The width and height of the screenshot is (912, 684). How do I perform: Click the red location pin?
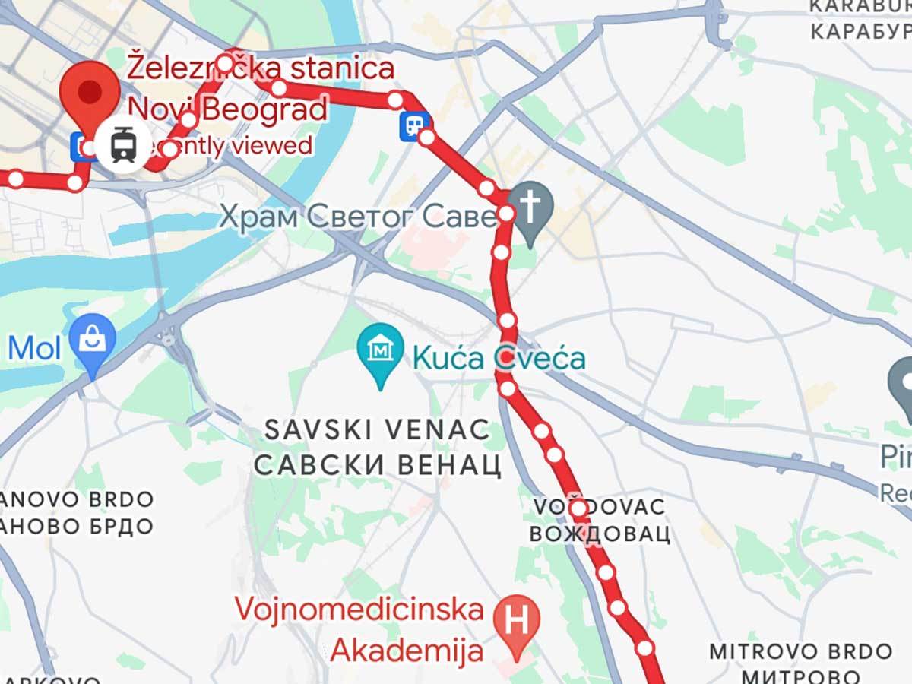(x=90, y=94)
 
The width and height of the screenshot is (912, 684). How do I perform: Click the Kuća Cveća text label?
(x=499, y=357)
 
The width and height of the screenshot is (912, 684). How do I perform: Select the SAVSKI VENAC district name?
(x=378, y=430)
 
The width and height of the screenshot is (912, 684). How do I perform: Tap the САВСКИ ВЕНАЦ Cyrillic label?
(x=378, y=464)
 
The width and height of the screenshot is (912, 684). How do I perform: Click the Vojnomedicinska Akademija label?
(x=359, y=629)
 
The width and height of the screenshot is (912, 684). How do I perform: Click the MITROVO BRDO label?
(x=800, y=651)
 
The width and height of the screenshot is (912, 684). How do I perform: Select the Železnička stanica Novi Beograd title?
(x=261, y=88)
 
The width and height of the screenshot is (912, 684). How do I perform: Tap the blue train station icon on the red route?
(x=414, y=125)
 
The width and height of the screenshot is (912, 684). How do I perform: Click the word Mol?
(x=34, y=347)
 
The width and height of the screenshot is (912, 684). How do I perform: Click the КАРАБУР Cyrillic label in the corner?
(x=860, y=32)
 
